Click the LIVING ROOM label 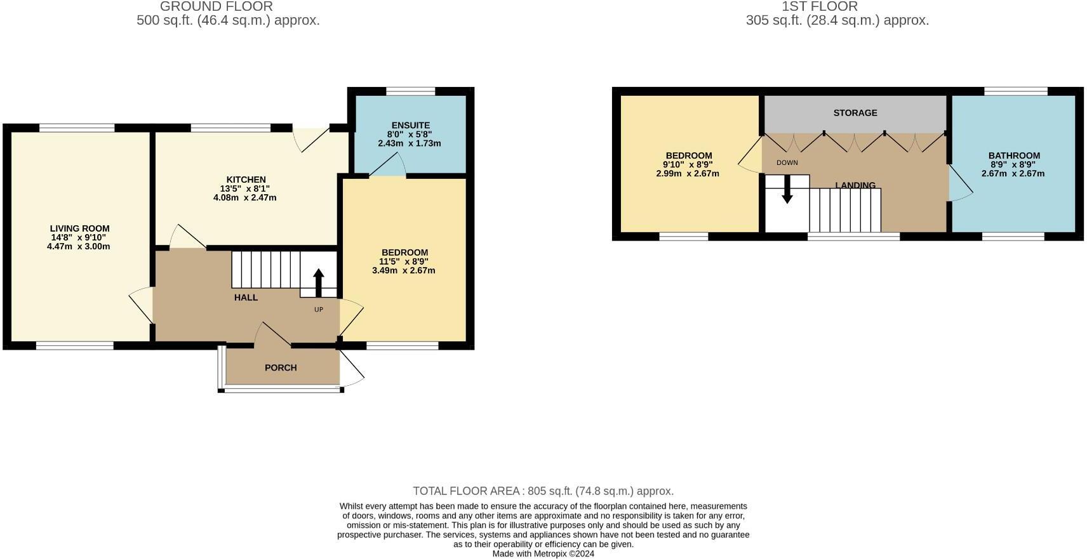79,228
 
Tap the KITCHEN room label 246,180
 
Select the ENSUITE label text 410,126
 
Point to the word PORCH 281,368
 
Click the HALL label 246,298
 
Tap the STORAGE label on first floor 855,113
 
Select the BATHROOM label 1014,155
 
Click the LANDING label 855,185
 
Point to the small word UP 319,310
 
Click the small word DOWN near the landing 787,163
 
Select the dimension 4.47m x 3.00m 79,246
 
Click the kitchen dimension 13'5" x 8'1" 245,188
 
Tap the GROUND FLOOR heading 217,6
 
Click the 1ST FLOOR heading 820,6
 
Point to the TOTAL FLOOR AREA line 543,491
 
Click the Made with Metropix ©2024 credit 543,553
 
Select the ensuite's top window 411,91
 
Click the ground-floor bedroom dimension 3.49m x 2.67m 404,270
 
